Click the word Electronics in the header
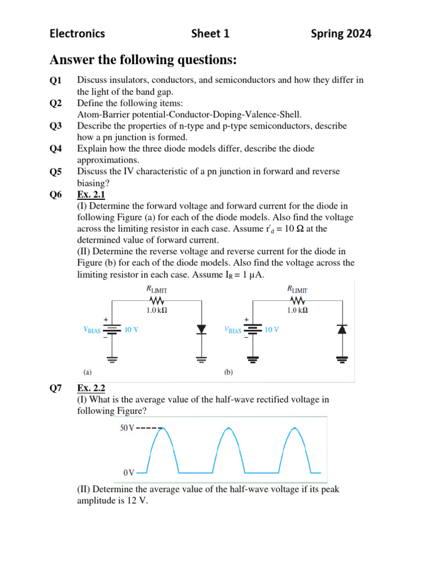(x=77, y=34)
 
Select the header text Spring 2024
(x=340, y=34)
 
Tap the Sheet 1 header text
(x=210, y=34)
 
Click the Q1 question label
(x=56, y=81)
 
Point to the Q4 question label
(x=56, y=149)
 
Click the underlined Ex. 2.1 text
(x=90, y=194)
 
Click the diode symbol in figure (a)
(x=201, y=329)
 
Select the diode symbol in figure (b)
(x=342, y=329)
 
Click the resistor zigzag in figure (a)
(x=157, y=300)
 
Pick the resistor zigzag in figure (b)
(x=298, y=300)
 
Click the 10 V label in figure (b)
(x=272, y=330)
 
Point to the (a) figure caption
(x=88, y=371)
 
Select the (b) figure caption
(x=229, y=372)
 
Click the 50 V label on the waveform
(x=127, y=428)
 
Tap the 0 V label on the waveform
(x=128, y=472)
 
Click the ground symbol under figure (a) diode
(x=201, y=359)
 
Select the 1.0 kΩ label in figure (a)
(x=157, y=310)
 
